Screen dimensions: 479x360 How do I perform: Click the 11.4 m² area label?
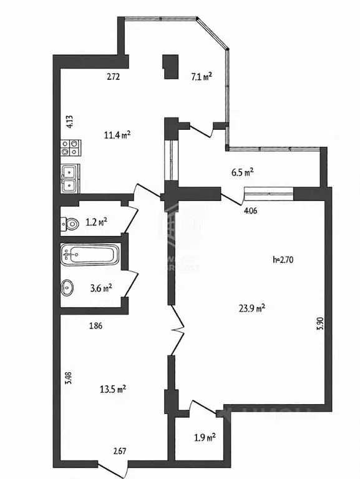[117, 134]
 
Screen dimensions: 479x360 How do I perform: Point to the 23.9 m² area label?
[253, 307]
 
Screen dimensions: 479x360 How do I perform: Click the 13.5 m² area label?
[114, 388]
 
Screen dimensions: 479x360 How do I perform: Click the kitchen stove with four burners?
[69, 148]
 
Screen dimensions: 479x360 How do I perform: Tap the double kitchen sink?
[69, 178]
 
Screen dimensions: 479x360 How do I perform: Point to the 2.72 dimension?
[112, 77]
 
